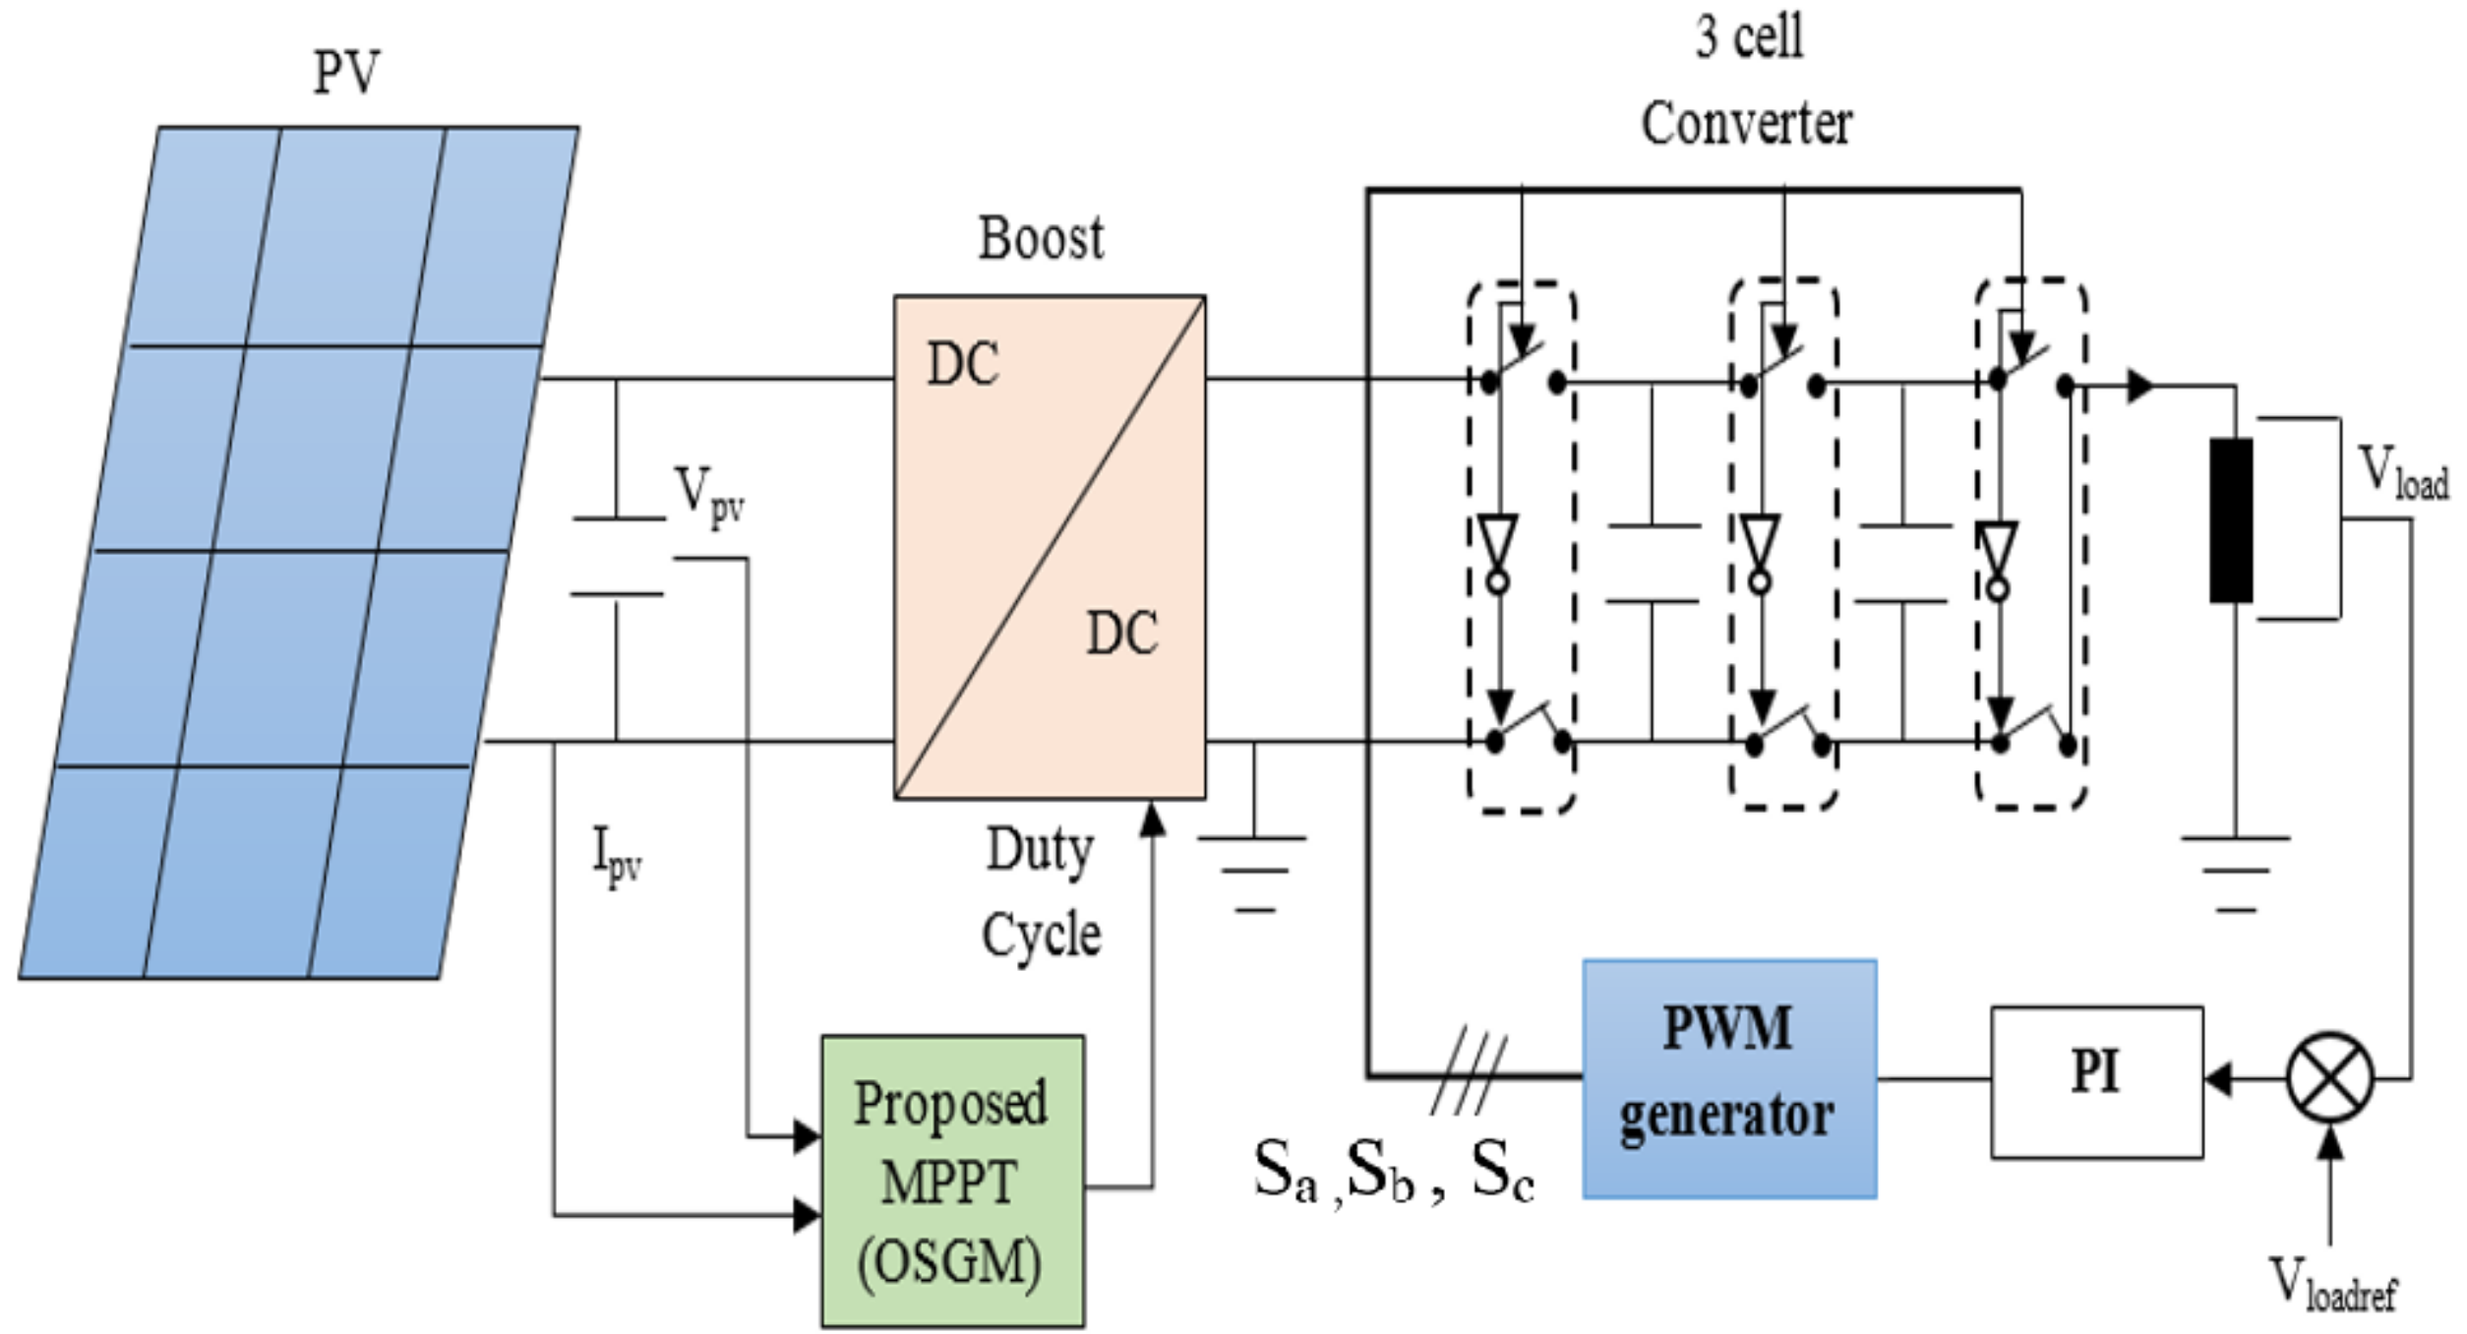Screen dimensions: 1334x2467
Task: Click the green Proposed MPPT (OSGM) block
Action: [952, 1181]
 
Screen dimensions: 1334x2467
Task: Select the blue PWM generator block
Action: [1728, 1079]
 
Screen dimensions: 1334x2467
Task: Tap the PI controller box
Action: [2096, 1081]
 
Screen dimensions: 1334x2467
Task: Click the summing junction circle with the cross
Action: [2329, 1078]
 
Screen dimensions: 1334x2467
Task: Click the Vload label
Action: [2401, 474]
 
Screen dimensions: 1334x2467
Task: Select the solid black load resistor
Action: [2231, 520]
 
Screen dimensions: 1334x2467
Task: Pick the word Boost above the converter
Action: [1041, 239]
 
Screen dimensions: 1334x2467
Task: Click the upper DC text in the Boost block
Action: [963, 364]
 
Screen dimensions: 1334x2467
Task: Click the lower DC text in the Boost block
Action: [1121, 634]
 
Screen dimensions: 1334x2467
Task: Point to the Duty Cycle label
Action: [1041, 891]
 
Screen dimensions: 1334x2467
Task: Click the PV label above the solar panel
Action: [346, 73]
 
